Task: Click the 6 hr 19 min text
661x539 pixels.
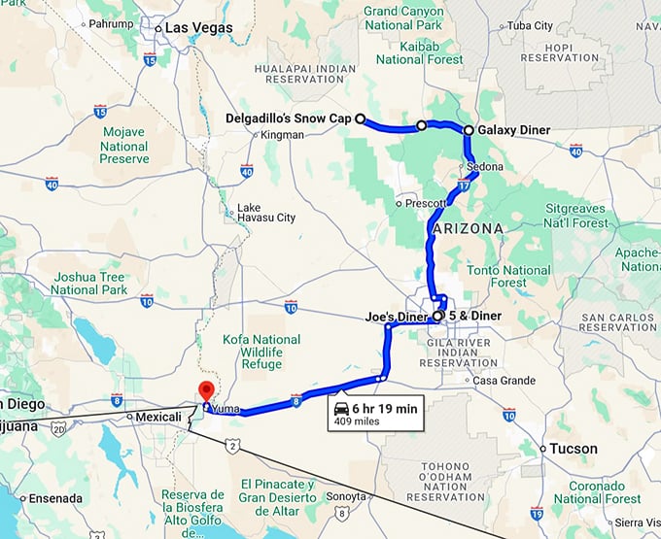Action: [385, 409]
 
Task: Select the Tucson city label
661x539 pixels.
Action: [574, 449]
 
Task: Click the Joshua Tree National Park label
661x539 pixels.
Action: [89, 283]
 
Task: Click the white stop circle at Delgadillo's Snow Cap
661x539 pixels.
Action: [360, 119]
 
